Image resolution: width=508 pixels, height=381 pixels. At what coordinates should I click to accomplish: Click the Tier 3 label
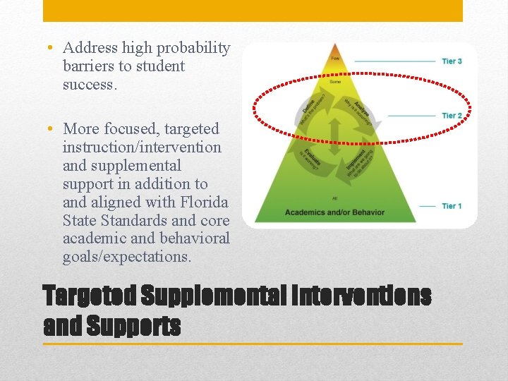452,61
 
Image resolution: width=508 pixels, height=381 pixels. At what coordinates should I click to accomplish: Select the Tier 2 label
452,115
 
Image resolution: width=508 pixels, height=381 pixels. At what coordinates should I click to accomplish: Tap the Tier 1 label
452,206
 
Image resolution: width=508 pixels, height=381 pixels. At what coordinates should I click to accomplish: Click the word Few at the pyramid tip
335,59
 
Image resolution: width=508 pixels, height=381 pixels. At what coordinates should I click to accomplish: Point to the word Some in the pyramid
335,82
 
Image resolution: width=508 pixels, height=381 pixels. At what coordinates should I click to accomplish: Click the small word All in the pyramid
335,198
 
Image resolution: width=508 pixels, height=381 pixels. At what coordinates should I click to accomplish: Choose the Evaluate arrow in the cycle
311,159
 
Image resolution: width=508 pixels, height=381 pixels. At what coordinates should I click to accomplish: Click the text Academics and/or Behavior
334,212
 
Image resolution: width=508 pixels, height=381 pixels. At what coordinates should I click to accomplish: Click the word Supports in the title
134,326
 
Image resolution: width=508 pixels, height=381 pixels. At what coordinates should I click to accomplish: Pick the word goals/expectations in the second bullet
126,257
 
